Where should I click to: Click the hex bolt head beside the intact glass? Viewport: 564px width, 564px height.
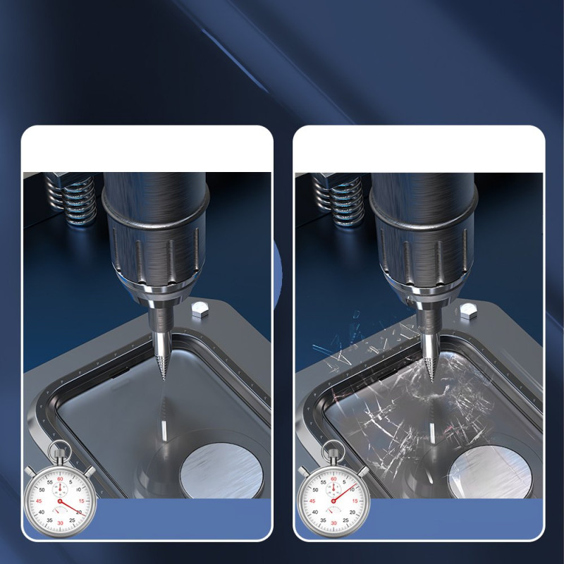click(199, 309)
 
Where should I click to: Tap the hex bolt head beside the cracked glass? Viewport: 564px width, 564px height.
click(469, 311)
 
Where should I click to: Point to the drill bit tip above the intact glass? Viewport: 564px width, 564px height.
click(163, 380)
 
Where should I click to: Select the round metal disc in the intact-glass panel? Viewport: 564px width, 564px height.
click(221, 470)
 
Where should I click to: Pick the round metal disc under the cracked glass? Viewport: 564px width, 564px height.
click(491, 471)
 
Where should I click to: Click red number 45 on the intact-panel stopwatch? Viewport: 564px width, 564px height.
click(39, 501)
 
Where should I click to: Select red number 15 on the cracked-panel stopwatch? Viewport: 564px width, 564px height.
click(355, 501)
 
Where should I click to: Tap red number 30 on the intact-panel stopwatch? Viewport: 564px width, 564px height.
click(60, 523)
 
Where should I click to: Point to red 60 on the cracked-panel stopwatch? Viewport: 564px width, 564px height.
click(333, 479)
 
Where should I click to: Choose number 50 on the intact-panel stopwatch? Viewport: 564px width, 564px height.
click(42, 489)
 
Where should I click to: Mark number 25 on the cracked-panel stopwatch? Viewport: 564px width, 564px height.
click(345, 520)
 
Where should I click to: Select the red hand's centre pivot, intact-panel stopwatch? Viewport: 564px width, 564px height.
click(60, 501)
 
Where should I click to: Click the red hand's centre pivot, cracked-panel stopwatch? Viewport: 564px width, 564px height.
click(333, 501)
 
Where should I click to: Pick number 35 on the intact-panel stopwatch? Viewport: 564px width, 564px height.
click(49, 520)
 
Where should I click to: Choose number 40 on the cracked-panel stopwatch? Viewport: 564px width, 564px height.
click(315, 513)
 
